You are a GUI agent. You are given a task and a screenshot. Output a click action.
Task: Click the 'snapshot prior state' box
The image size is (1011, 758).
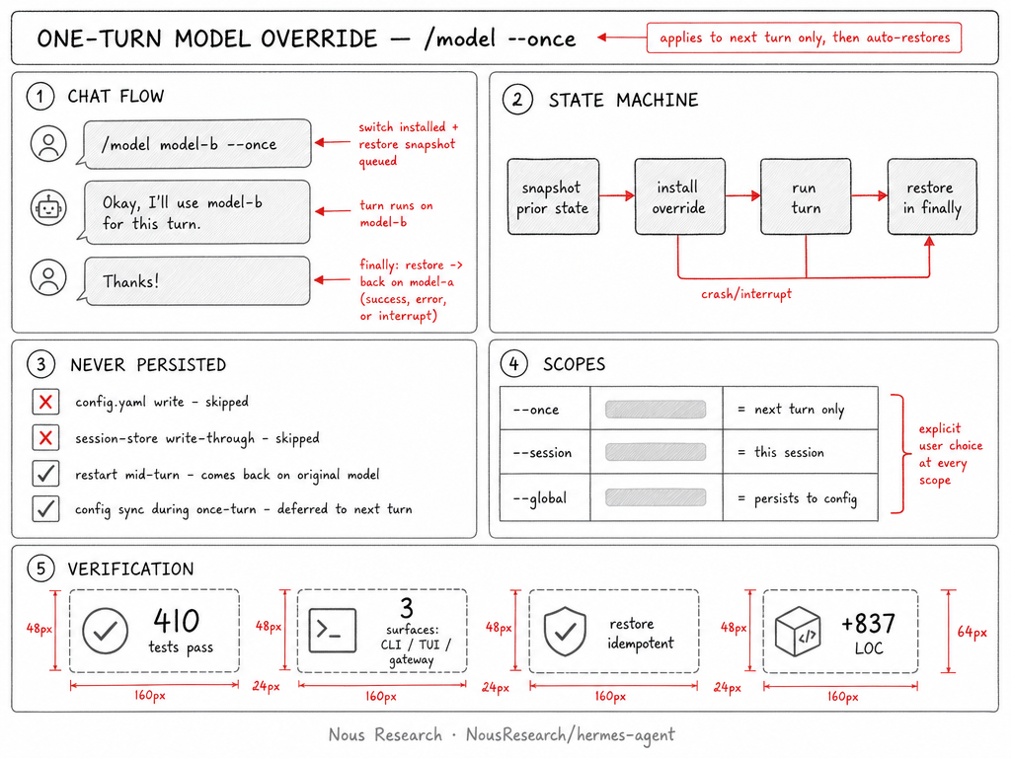553,196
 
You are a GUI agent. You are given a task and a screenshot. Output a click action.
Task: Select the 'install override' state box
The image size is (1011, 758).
679,196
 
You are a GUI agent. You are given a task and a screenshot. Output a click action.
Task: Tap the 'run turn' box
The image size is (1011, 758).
806,196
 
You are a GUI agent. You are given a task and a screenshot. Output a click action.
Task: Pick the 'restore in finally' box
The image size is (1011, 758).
932,196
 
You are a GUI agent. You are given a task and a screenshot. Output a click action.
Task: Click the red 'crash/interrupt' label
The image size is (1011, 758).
746,294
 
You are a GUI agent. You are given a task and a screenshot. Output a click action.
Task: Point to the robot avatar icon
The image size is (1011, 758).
48,207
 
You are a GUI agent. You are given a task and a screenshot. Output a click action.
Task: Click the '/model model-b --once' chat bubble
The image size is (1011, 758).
194,144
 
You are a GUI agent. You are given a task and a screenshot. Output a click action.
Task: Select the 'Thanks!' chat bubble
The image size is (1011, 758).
194,281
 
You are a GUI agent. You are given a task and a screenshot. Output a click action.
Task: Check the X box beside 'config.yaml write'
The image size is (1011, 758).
45,403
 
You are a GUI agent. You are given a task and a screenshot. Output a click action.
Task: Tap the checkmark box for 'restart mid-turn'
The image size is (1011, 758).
45,474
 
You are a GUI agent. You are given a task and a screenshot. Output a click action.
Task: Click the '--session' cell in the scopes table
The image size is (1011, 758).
545,452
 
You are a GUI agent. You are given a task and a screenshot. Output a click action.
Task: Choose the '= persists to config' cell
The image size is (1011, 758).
800,497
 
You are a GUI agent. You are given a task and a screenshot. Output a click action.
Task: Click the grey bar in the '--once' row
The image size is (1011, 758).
656,410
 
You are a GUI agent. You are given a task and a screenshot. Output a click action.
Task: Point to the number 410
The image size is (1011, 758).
176,621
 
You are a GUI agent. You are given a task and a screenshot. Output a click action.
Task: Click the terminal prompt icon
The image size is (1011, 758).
333,631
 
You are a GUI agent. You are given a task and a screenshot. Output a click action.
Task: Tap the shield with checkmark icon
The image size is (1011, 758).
565,631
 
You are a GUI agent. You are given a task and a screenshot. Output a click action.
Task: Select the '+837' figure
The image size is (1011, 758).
869,624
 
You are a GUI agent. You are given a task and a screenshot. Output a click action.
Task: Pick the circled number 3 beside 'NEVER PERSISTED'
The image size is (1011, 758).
40,365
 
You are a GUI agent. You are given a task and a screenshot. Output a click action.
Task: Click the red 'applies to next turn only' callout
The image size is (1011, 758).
804,38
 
